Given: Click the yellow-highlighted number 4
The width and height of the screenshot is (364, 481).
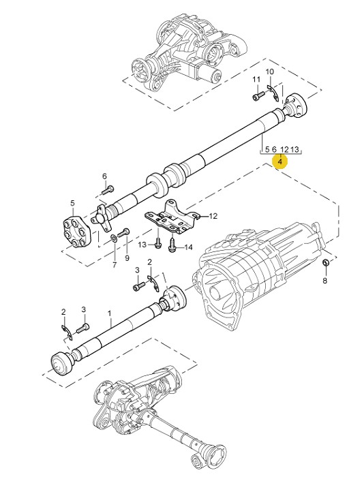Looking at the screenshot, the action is (x=280, y=161).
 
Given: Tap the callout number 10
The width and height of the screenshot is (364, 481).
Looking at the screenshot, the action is (x=269, y=72).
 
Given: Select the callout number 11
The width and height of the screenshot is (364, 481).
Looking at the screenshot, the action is (x=256, y=80).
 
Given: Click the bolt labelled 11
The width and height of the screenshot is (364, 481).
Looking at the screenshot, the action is (x=259, y=95).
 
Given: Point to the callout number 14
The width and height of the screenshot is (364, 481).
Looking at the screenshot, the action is (x=188, y=247).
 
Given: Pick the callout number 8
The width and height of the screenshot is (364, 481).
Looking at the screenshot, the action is (x=324, y=281).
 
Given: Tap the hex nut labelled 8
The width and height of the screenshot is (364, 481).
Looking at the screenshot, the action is (x=326, y=262).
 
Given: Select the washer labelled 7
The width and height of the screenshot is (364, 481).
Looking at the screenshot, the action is (x=114, y=238).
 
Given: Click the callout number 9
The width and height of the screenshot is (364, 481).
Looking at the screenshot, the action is (x=127, y=258).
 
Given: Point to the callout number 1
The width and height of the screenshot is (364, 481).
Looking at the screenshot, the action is (x=110, y=313).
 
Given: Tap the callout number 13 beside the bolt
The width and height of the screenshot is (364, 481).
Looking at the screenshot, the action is (x=142, y=245).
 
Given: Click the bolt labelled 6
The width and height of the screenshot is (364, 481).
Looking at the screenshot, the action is (x=108, y=189).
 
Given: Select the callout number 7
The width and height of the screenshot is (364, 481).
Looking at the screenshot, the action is (x=115, y=265).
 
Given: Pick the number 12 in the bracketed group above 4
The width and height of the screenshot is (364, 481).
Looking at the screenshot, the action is (x=284, y=149).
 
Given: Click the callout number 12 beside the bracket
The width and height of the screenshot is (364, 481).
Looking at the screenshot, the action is (x=213, y=216).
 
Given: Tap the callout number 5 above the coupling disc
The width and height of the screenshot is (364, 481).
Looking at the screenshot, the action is (x=72, y=203).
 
